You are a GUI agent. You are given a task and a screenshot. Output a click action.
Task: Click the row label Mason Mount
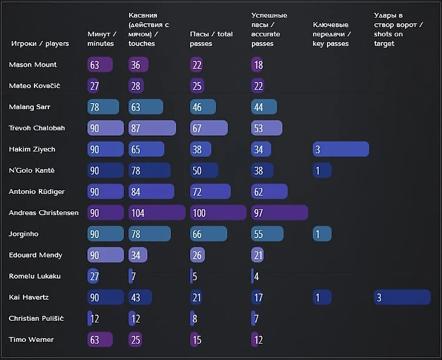33,65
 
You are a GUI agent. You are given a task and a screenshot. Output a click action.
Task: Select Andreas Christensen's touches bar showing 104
157,213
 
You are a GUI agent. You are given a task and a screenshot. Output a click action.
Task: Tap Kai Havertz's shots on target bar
402,297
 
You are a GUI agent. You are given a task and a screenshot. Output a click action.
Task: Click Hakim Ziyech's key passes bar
341,149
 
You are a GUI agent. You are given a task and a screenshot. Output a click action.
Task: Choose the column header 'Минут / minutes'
102,39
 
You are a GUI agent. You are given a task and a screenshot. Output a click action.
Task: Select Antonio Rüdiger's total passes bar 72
210,192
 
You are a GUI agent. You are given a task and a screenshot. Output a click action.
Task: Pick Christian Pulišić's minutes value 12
94,319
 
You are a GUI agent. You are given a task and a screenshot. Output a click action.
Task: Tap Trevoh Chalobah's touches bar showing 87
152,128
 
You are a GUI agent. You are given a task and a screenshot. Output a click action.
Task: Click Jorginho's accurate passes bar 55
267,234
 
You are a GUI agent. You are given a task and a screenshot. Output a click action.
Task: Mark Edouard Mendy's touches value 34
136,255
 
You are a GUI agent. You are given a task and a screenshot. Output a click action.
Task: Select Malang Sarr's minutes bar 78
103,107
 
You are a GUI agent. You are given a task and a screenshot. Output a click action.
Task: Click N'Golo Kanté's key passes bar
322,170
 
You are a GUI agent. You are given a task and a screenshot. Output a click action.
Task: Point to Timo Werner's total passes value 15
197,340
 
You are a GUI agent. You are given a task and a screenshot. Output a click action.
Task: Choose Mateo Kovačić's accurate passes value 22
259,86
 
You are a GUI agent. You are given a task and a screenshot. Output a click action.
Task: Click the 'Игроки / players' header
40,44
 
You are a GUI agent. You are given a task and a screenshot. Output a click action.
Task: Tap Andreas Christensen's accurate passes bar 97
279,213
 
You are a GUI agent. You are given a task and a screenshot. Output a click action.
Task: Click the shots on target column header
398,29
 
